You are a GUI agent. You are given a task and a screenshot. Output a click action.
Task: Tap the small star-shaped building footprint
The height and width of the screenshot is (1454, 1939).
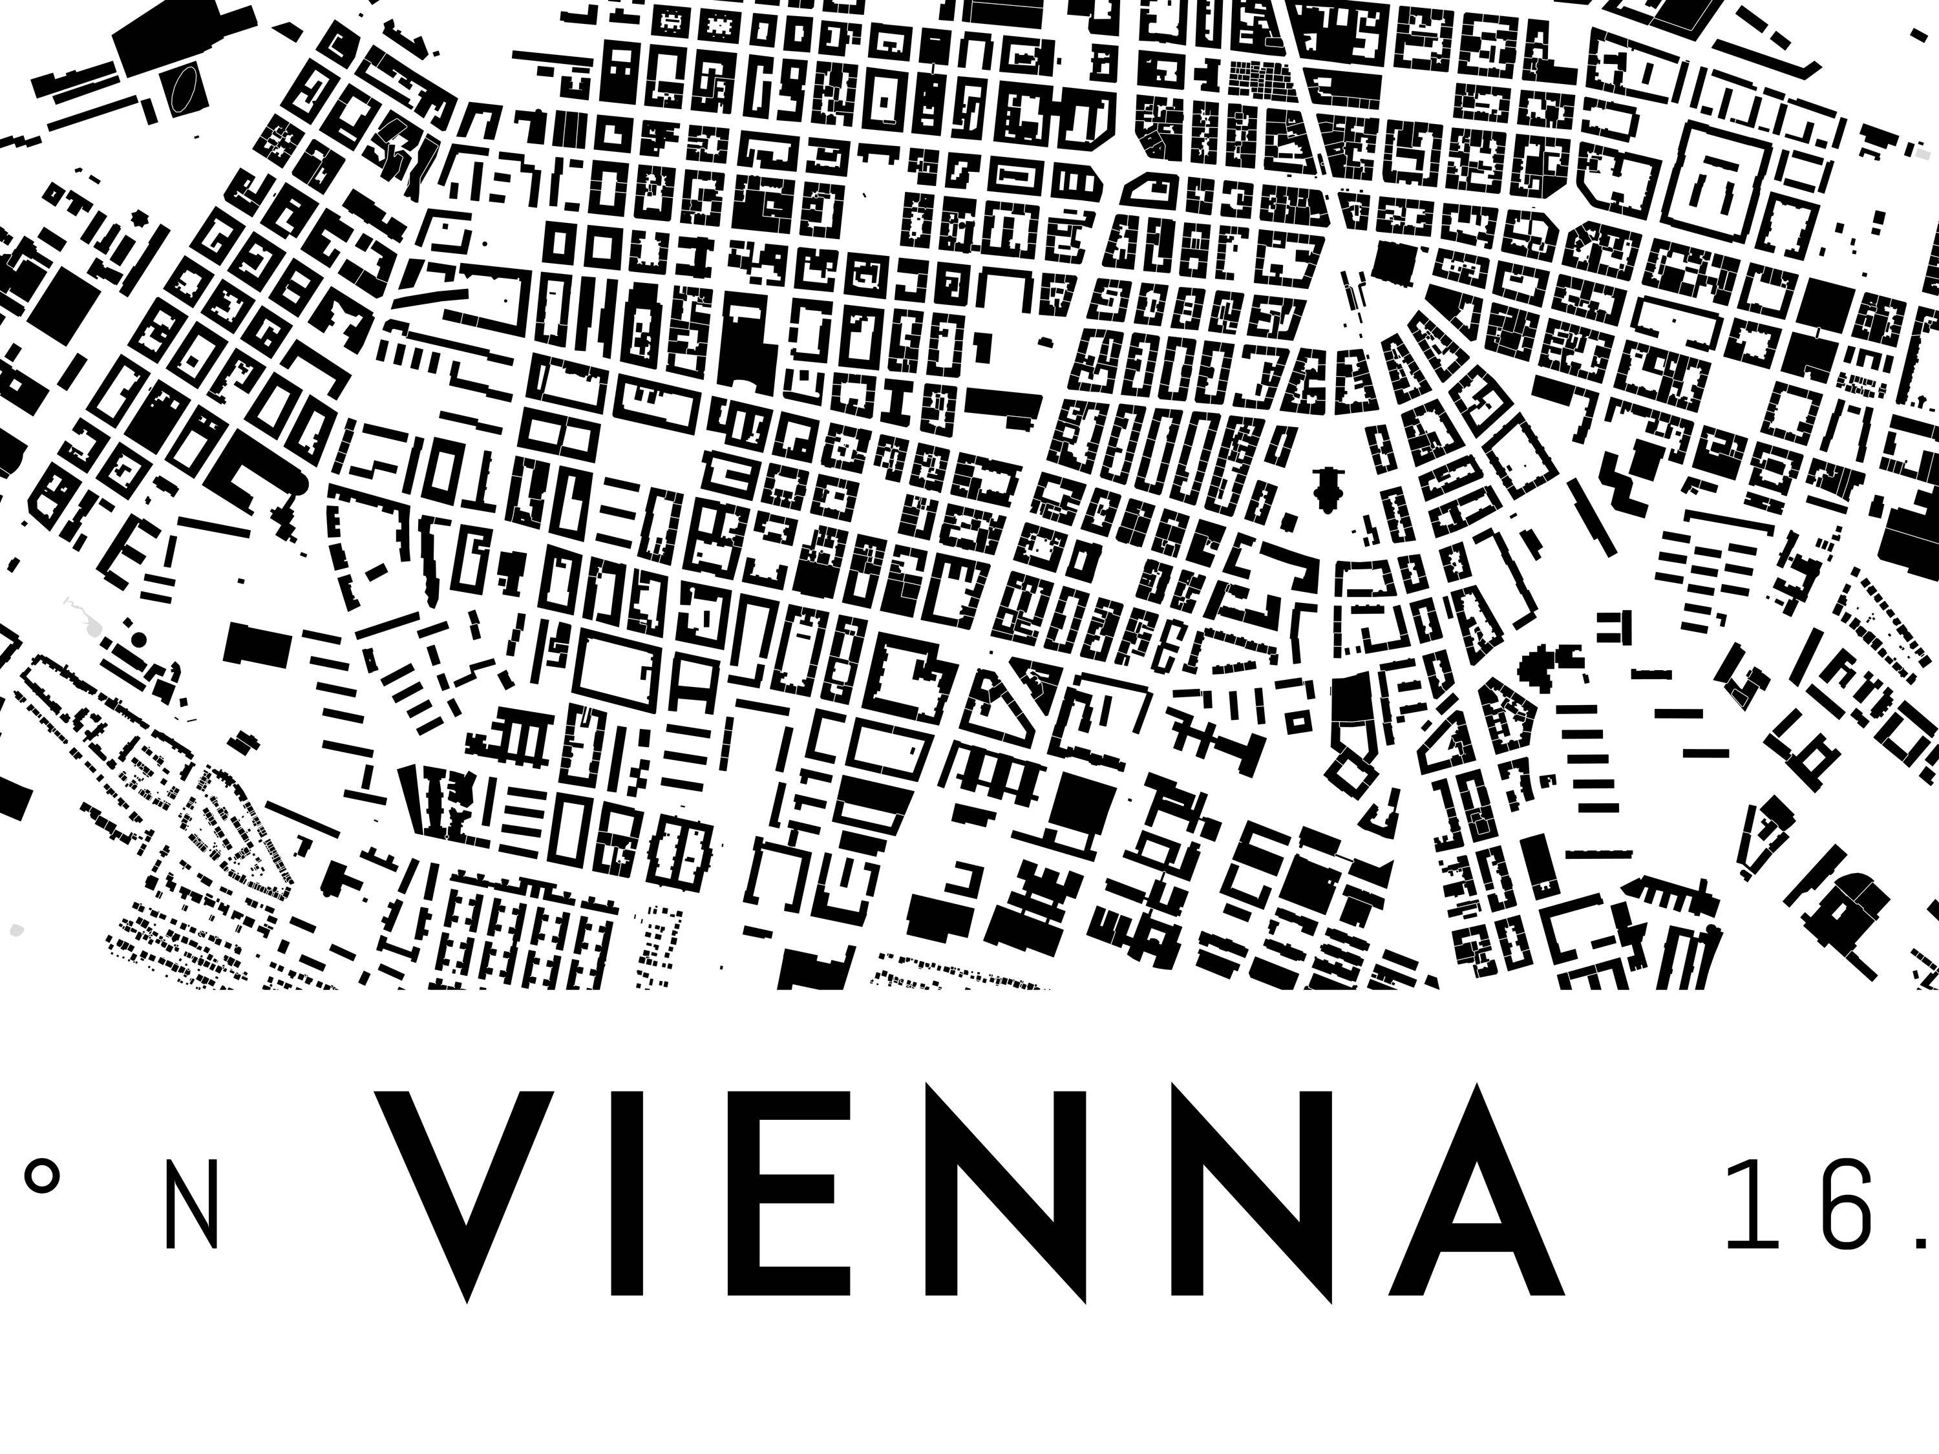point(138,216)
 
